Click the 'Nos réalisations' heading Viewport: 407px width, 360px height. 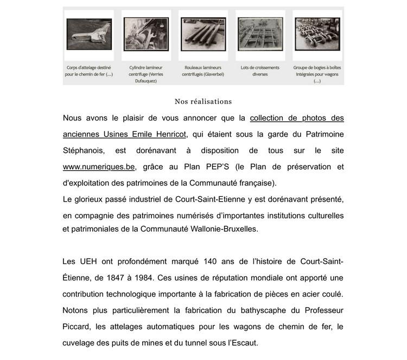tap(203, 101)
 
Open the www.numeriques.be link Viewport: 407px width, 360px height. tap(99, 167)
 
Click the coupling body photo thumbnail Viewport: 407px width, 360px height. tap(89, 34)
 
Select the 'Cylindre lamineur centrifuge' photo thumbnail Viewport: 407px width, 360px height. tap(146, 34)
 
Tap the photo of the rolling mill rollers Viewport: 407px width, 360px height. tap(203, 34)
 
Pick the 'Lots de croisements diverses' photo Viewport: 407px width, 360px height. tap(260, 34)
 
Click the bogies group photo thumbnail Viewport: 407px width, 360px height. tap(317, 34)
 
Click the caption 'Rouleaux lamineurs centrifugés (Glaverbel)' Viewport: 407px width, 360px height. tap(203, 71)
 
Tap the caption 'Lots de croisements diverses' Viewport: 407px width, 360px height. tap(260, 71)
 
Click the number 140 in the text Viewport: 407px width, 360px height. tap(210, 262)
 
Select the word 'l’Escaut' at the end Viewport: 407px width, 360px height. tap(241, 343)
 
